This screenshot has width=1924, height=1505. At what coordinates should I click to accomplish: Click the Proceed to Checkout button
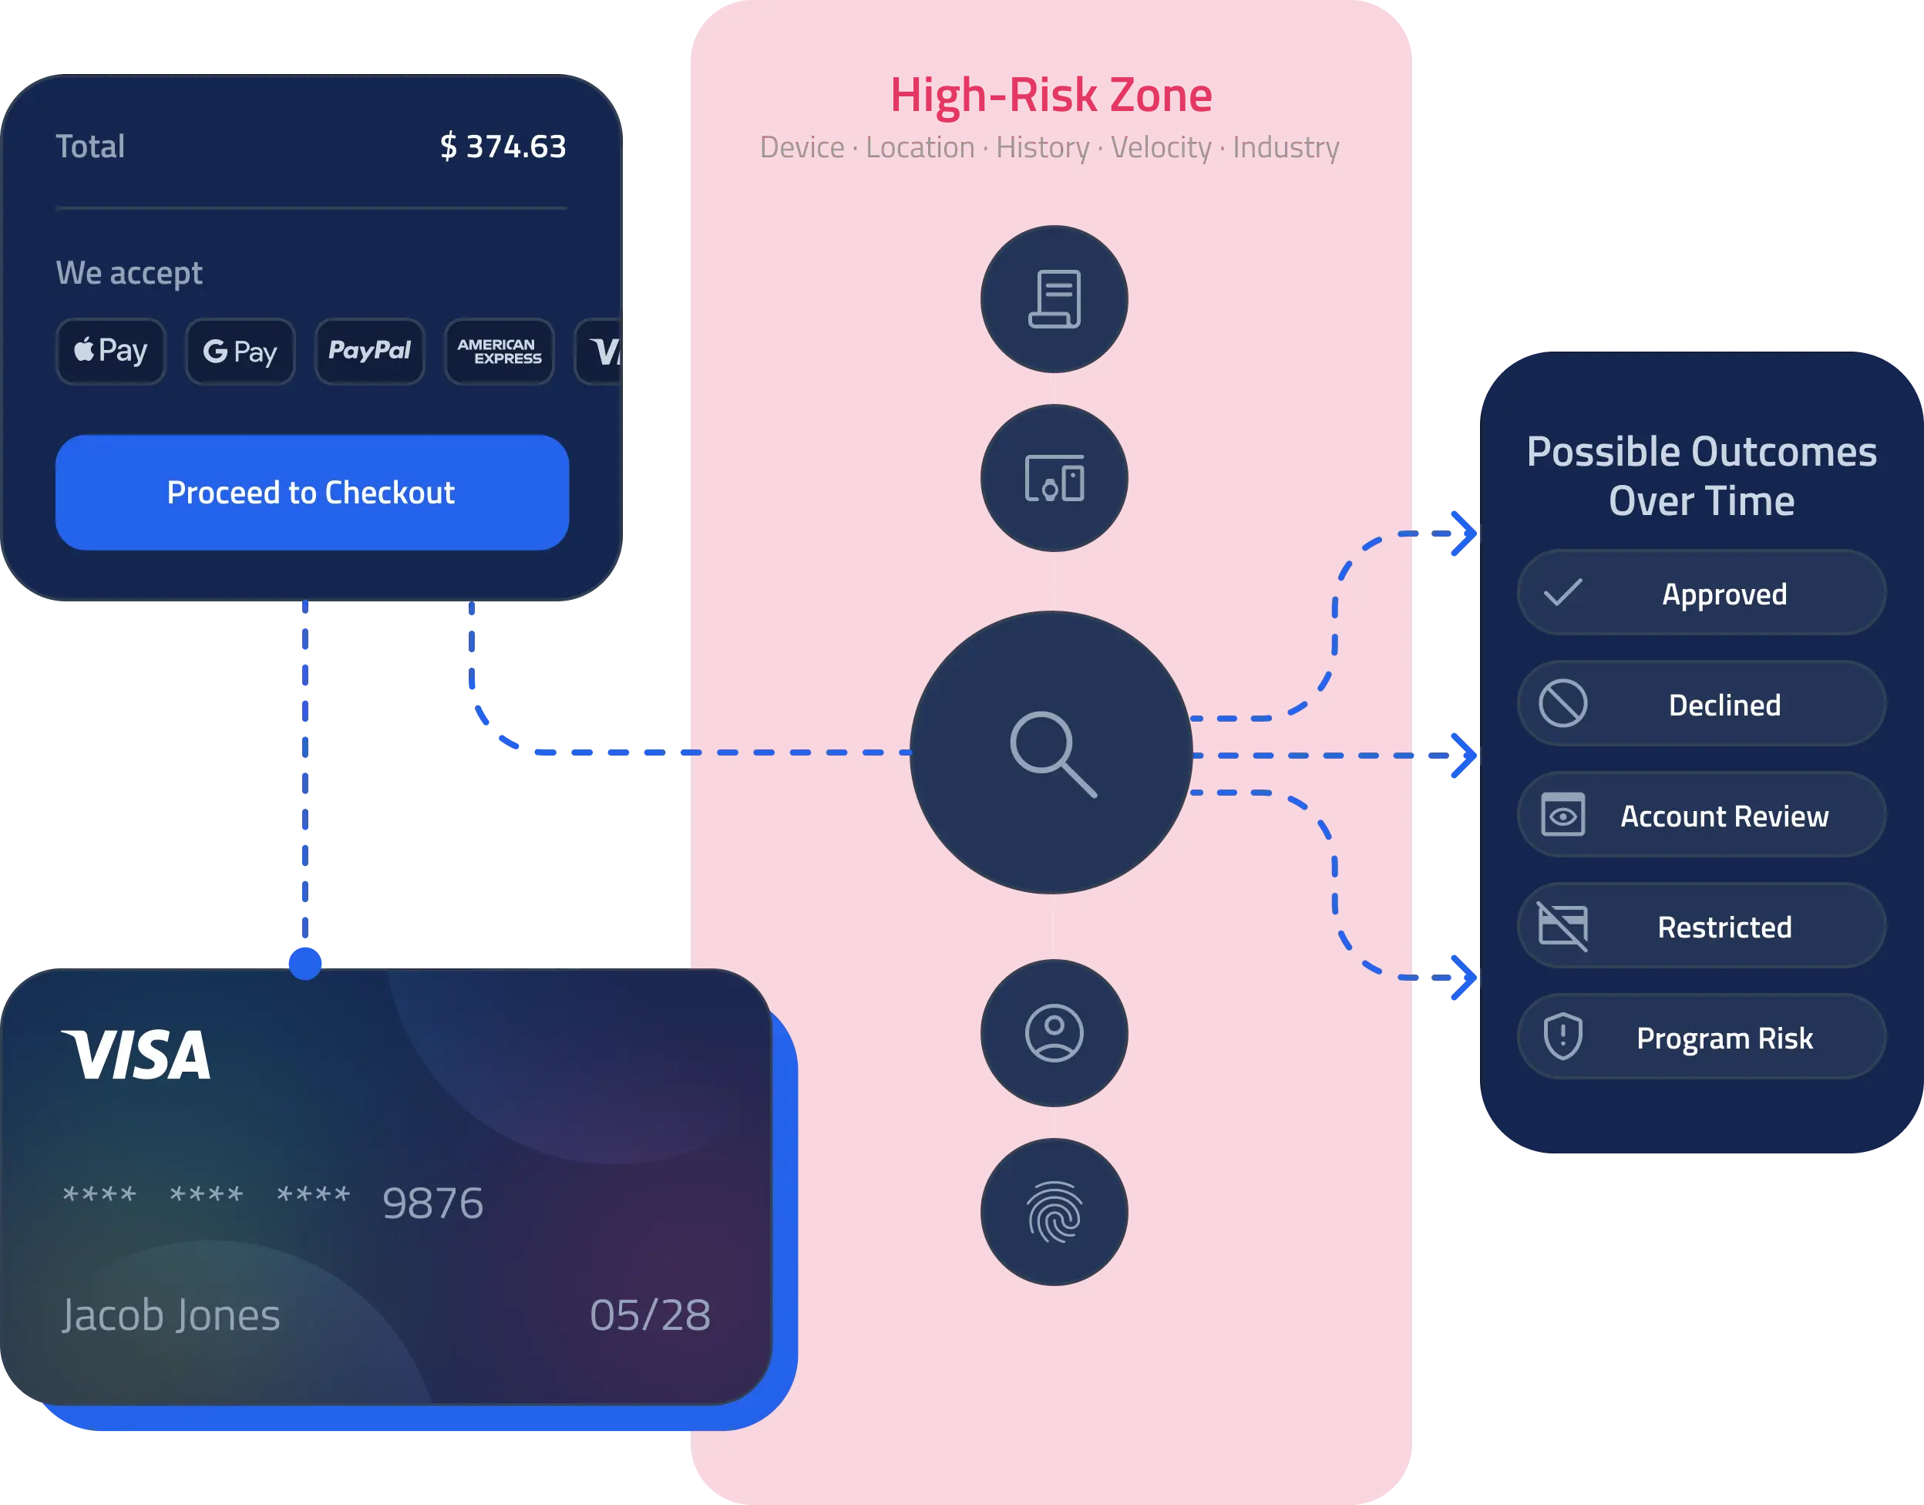pyautogui.click(x=312, y=493)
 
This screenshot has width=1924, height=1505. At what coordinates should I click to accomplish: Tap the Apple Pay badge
pyautogui.click(x=111, y=352)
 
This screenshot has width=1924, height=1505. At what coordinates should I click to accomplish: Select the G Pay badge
pyautogui.click(x=240, y=352)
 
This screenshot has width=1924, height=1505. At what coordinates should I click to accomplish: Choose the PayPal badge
pyautogui.click(x=370, y=352)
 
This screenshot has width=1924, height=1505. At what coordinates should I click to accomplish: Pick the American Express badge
pyautogui.click(x=499, y=352)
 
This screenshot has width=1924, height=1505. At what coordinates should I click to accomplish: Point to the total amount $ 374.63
pyautogui.click(x=503, y=146)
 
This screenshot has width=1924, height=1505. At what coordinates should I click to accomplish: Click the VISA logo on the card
pyautogui.click(x=136, y=1055)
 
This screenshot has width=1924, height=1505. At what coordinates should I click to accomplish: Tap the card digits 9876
pyautogui.click(x=432, y=1204)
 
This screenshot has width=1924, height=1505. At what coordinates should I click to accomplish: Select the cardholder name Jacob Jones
pyautogui.click(x=171, y=1315)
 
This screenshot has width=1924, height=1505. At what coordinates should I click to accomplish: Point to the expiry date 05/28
pyautogui.click(x=650, y=1315)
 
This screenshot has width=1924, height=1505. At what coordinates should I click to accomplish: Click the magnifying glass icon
pyautogui.click(x=1053, y=754)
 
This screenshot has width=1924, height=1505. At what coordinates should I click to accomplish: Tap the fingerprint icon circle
pyautogui.click(x=1054, y=1213)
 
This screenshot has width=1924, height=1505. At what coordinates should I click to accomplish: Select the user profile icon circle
pyautogui.click(x=1054, y=1032)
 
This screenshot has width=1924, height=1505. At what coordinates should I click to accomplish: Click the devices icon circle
pyautogui.click(x=1054, y=479)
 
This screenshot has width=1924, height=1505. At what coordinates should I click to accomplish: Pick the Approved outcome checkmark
pyautogui.click(x=1562, y=593)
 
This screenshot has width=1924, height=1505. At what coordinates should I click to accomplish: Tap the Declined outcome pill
pyautogui.click(x=1701, y=704)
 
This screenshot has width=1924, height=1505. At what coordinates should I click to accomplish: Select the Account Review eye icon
pyautogui.click(x=1562, y=815)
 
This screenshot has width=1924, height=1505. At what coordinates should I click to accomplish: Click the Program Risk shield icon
pyautogui.click(x=1562, y=1037)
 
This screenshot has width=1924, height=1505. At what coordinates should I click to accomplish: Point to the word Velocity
pyautogui.click(x=1160, y=147)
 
